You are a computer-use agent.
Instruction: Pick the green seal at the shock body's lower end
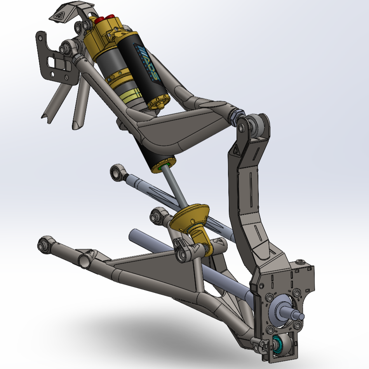tap(160, 168)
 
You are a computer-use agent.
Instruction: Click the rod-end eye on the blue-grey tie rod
tap(116, 172)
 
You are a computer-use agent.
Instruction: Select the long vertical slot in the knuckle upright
tap(251, 186)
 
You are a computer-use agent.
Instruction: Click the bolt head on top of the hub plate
tap(300, 263)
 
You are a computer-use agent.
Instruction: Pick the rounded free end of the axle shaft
tap(134, 234)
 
